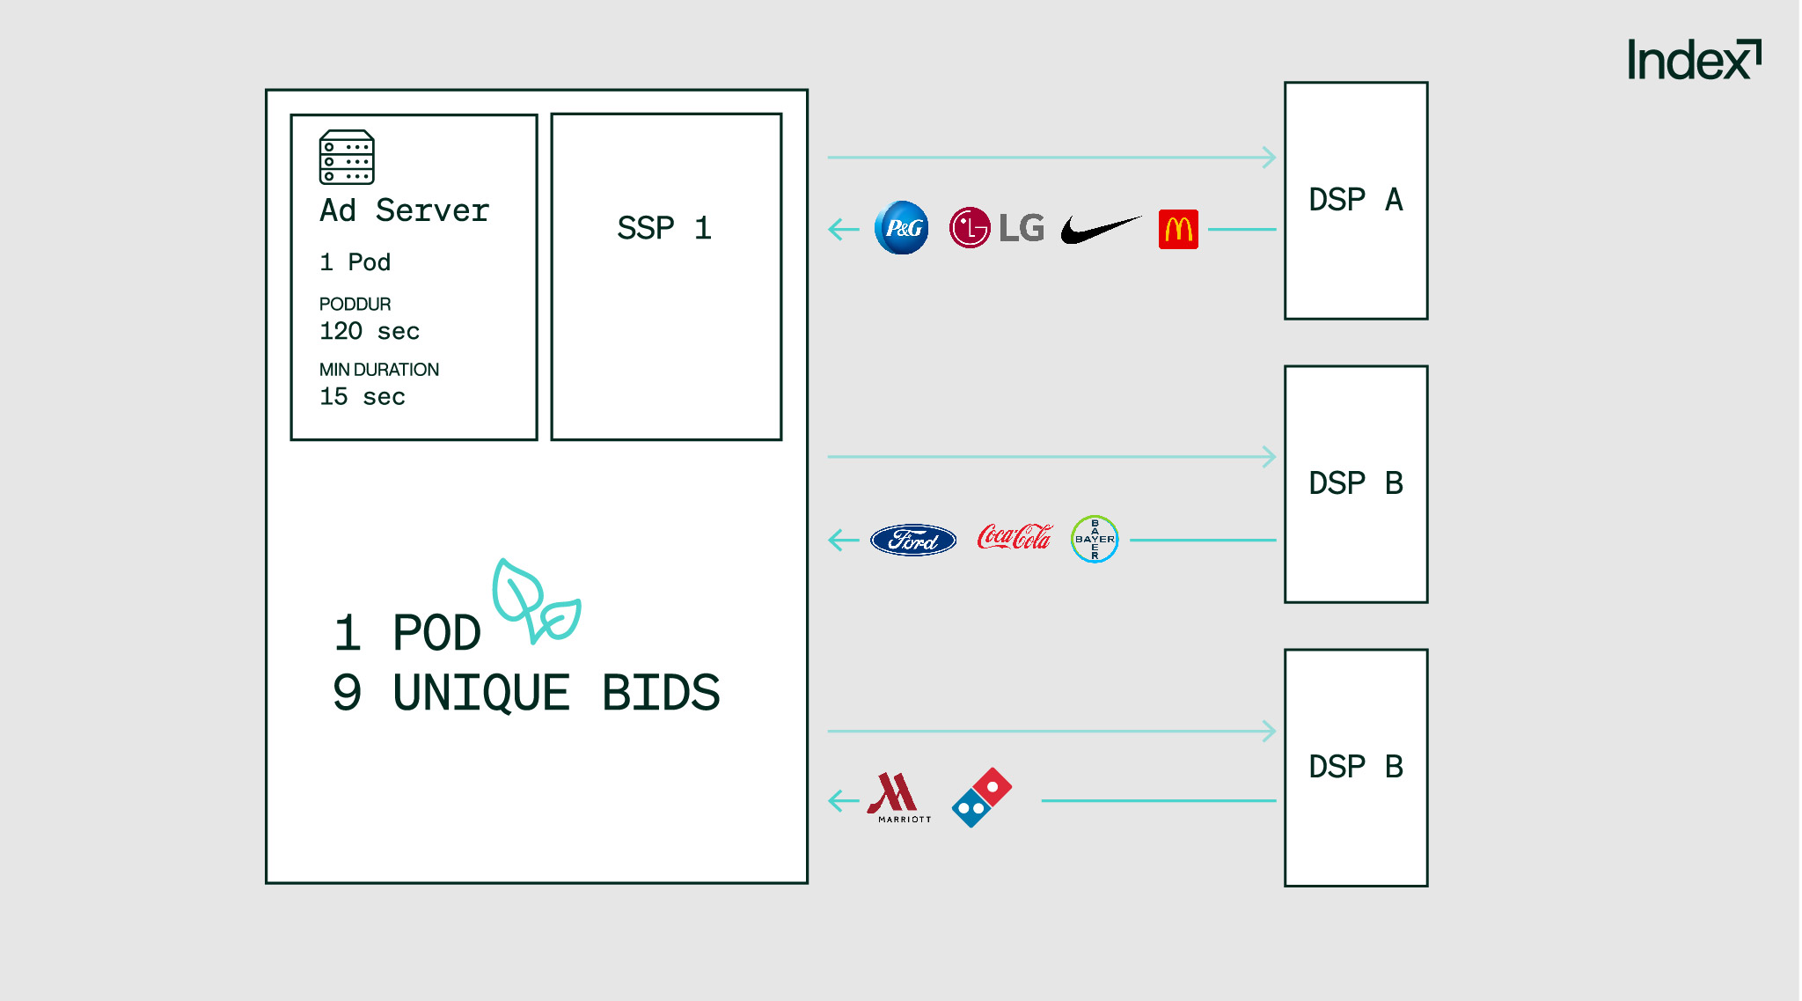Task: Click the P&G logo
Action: [901, 228]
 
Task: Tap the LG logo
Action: [996, 228]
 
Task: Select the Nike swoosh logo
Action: [1099, 230]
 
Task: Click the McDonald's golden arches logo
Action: [1178, 230]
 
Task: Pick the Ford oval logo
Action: [913, 540]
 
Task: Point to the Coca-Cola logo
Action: [1014, 537]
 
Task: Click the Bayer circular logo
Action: [1095, 539]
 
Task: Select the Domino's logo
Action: [982, 798]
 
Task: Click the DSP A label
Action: [1355, 200]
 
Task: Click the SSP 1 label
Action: [664, 228]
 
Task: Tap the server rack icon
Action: [347, 158]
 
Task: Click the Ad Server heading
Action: [404, 210]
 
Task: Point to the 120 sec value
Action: [369, 331]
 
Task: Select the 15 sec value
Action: [362, 397]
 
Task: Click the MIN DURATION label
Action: [378, 370]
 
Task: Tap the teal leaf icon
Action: [535, 601]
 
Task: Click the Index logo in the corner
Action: [1693, 60]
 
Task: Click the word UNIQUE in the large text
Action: [481, 693]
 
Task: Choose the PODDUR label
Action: [355, 304]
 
